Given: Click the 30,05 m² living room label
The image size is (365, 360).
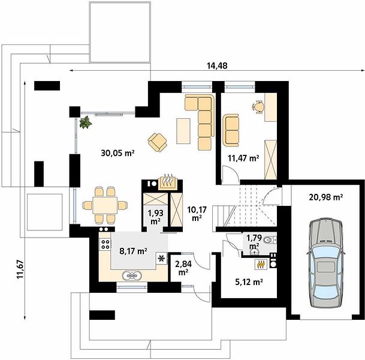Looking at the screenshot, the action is click(x=118, y=153).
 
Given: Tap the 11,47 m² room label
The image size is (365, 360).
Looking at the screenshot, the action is click(x=243, y=158).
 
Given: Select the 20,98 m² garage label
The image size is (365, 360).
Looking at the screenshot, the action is click(x=326, y=197).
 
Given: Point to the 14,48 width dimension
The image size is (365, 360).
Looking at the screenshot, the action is click(x=217, y=66).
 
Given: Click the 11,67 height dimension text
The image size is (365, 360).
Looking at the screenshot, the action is click(x=20, y=269).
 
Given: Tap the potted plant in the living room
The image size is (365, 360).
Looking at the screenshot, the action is click(x=86, y=122).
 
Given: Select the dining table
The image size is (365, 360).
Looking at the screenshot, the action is click(x=105, y=205).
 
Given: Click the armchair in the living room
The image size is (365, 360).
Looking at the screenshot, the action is click(x=158, y=142).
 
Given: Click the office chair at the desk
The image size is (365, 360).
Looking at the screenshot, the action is click(x=258, y=107).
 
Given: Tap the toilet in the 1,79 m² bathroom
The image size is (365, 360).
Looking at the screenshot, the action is click(x=271, y=239).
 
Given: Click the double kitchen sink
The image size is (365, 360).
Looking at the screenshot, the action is click(x=132, y=276).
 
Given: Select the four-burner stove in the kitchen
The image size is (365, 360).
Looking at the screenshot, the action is click(x=105, y=244).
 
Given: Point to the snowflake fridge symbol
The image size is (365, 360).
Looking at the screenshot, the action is click(x=161, y=259).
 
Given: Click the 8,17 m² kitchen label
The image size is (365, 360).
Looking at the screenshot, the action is click(x=133, y=251).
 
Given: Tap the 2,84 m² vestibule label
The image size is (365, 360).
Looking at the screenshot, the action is click(x=183, y=268).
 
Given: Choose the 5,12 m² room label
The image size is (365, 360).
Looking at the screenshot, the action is click(x=249, y=282).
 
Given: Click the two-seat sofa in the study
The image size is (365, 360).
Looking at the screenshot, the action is click(x=231, y=130).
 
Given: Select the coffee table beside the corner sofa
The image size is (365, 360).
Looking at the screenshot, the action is click(x=183, y=131).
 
